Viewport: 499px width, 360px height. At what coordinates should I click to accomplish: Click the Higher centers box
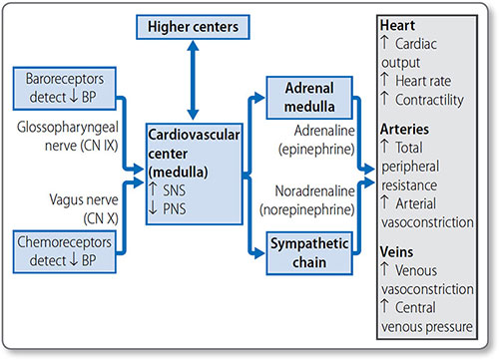193,27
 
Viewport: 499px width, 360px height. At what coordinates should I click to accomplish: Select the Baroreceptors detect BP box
65,89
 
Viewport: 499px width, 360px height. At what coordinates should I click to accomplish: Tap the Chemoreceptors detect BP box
65,251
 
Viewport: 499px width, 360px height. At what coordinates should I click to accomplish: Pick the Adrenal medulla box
309,98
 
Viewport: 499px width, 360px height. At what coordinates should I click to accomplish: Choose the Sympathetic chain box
309,253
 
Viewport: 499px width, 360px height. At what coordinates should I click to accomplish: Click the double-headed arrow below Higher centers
193,80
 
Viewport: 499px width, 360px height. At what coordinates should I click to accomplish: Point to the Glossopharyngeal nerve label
68,137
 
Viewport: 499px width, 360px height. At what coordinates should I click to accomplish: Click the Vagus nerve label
84,209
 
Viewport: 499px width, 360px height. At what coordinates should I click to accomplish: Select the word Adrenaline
324,131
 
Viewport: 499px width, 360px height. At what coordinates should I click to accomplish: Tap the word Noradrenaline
314,191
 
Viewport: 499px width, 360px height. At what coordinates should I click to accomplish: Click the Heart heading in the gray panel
397,25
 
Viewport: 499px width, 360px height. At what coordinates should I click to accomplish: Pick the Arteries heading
404,129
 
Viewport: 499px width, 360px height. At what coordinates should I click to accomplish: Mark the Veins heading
397,251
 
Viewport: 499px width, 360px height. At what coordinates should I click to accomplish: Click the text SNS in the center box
174,190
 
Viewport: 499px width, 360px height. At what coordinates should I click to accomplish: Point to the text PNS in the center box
175,209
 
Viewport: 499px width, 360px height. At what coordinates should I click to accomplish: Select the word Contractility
429,100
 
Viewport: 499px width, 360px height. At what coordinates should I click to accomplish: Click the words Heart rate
423,81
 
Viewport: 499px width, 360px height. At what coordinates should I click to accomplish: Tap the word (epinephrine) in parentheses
316,150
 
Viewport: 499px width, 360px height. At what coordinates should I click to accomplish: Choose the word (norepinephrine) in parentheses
307,210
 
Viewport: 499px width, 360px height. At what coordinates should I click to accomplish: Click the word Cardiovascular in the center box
194,135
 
